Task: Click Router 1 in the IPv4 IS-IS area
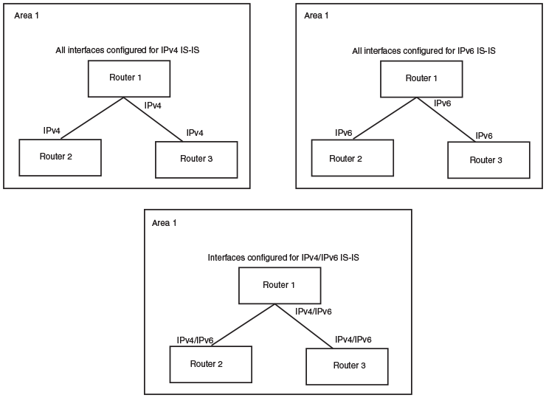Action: pyautogui.click(x=130, y=78)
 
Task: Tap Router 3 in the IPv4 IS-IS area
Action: pyautogui.click(x=197, y=158)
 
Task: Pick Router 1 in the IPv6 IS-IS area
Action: pyautogui.click(x=421, y=78)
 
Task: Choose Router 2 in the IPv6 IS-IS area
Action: pyautogui.click(x=351, y=158)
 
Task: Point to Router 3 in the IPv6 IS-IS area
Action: pyautogui.click(x=488, y=159)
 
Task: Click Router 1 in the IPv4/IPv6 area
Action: pyautogui.click(x=280, y=285)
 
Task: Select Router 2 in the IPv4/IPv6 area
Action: pyautogui.click(x=211, y=363)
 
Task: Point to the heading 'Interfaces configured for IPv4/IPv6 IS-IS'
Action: pyautogui.click(x=283, y=258)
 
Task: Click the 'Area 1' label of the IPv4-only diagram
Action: pyautogui.click(x=27, y=15)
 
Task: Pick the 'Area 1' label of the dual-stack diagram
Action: pyautogui.click(x=165, y=222)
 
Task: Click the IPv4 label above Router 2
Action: pyautogui.click(x=52, y=131)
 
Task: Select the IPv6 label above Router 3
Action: pyautogui.click(x=484, y=136)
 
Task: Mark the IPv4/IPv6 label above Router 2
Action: pyautogui.click(x=196, y=340)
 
